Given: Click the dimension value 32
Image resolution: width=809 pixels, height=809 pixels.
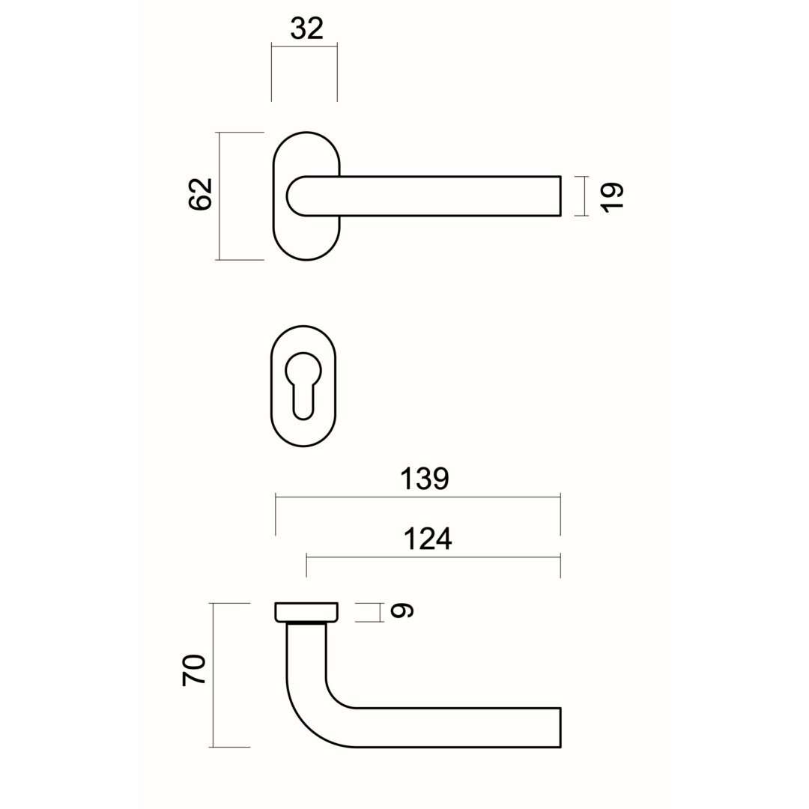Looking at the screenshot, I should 306,28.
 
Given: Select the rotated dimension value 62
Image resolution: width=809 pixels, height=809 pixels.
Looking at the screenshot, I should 200,195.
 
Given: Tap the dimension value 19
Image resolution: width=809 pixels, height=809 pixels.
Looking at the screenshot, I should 611,196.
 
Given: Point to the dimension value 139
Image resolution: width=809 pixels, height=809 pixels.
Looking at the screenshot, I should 425,478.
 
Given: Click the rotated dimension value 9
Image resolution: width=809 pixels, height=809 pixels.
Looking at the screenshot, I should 402,611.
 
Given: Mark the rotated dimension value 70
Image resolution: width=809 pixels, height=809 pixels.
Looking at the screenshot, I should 193,670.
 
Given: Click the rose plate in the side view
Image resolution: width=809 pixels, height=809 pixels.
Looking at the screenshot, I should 306,612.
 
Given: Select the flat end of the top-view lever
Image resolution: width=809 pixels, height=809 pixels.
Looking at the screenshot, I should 560,196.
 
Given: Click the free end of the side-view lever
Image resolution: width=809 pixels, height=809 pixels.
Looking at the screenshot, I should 560,727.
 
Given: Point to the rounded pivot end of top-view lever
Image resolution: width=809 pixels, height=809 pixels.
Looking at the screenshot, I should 294,196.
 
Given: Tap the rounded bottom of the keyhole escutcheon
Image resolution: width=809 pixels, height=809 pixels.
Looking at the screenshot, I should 303,440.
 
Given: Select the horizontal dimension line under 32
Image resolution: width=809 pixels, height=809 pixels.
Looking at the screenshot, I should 304,46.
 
